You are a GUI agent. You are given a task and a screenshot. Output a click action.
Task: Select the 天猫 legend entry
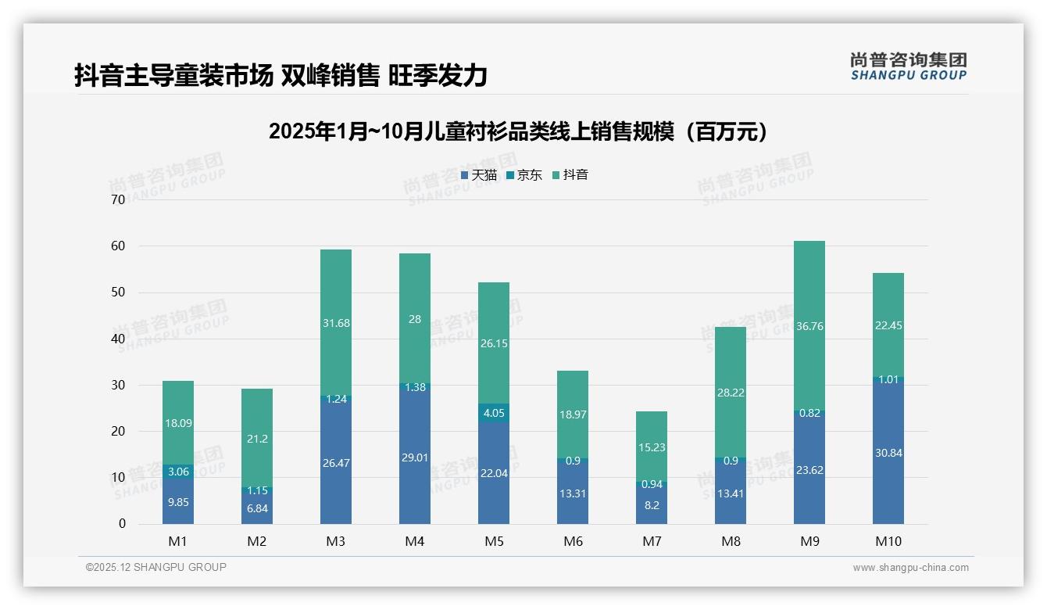479,175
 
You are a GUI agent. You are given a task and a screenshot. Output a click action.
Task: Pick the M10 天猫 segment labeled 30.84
888,452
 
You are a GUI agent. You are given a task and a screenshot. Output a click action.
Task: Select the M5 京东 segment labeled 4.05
493,413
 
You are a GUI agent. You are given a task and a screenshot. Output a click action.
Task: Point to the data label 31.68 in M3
336,323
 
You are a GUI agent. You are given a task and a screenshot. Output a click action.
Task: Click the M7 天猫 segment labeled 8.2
651,504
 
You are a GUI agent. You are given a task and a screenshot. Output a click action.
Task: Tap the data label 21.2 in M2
257,439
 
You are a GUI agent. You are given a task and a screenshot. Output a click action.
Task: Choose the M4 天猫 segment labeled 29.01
414,457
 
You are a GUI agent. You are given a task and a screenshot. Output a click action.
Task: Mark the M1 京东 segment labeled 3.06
178,471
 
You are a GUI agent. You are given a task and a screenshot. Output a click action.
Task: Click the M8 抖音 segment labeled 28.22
730,393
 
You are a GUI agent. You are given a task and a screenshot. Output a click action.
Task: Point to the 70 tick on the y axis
118,200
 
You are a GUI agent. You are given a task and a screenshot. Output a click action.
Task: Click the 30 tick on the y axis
118,385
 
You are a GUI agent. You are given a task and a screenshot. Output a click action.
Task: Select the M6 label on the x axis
572,541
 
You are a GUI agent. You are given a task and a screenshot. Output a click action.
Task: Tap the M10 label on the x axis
888,541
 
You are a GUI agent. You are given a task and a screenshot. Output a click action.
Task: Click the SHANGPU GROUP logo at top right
908,66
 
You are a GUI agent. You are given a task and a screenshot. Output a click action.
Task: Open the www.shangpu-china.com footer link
910,568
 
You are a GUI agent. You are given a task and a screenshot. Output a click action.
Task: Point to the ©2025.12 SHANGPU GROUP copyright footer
156,567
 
